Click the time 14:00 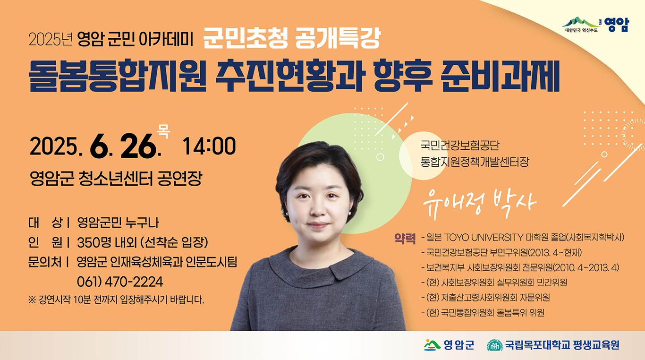pyautogui.click(x=209, y=146)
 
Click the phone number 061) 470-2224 pyautogui.click(x=120, y=282)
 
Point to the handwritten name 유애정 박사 pyautogui.click(x=479, y=204)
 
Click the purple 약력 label pyautogui.click(x=405, y=238)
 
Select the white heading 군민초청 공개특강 pyautogui.click(x=292, y=38)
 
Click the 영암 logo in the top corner pyautogui.click(x=595, y=25)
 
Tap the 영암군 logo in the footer pyautogui.click(x=449, y=345)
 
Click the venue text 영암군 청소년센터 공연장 pyautogui.click(x=116, y=179)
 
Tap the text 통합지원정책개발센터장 pyautogui.click(x=475, y=162)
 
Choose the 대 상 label pyautogui.click(x=45, y=223)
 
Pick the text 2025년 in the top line pyautogui.click(x=51, y=40)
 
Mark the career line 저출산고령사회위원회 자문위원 pyautogui.click(x=495, y=297)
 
